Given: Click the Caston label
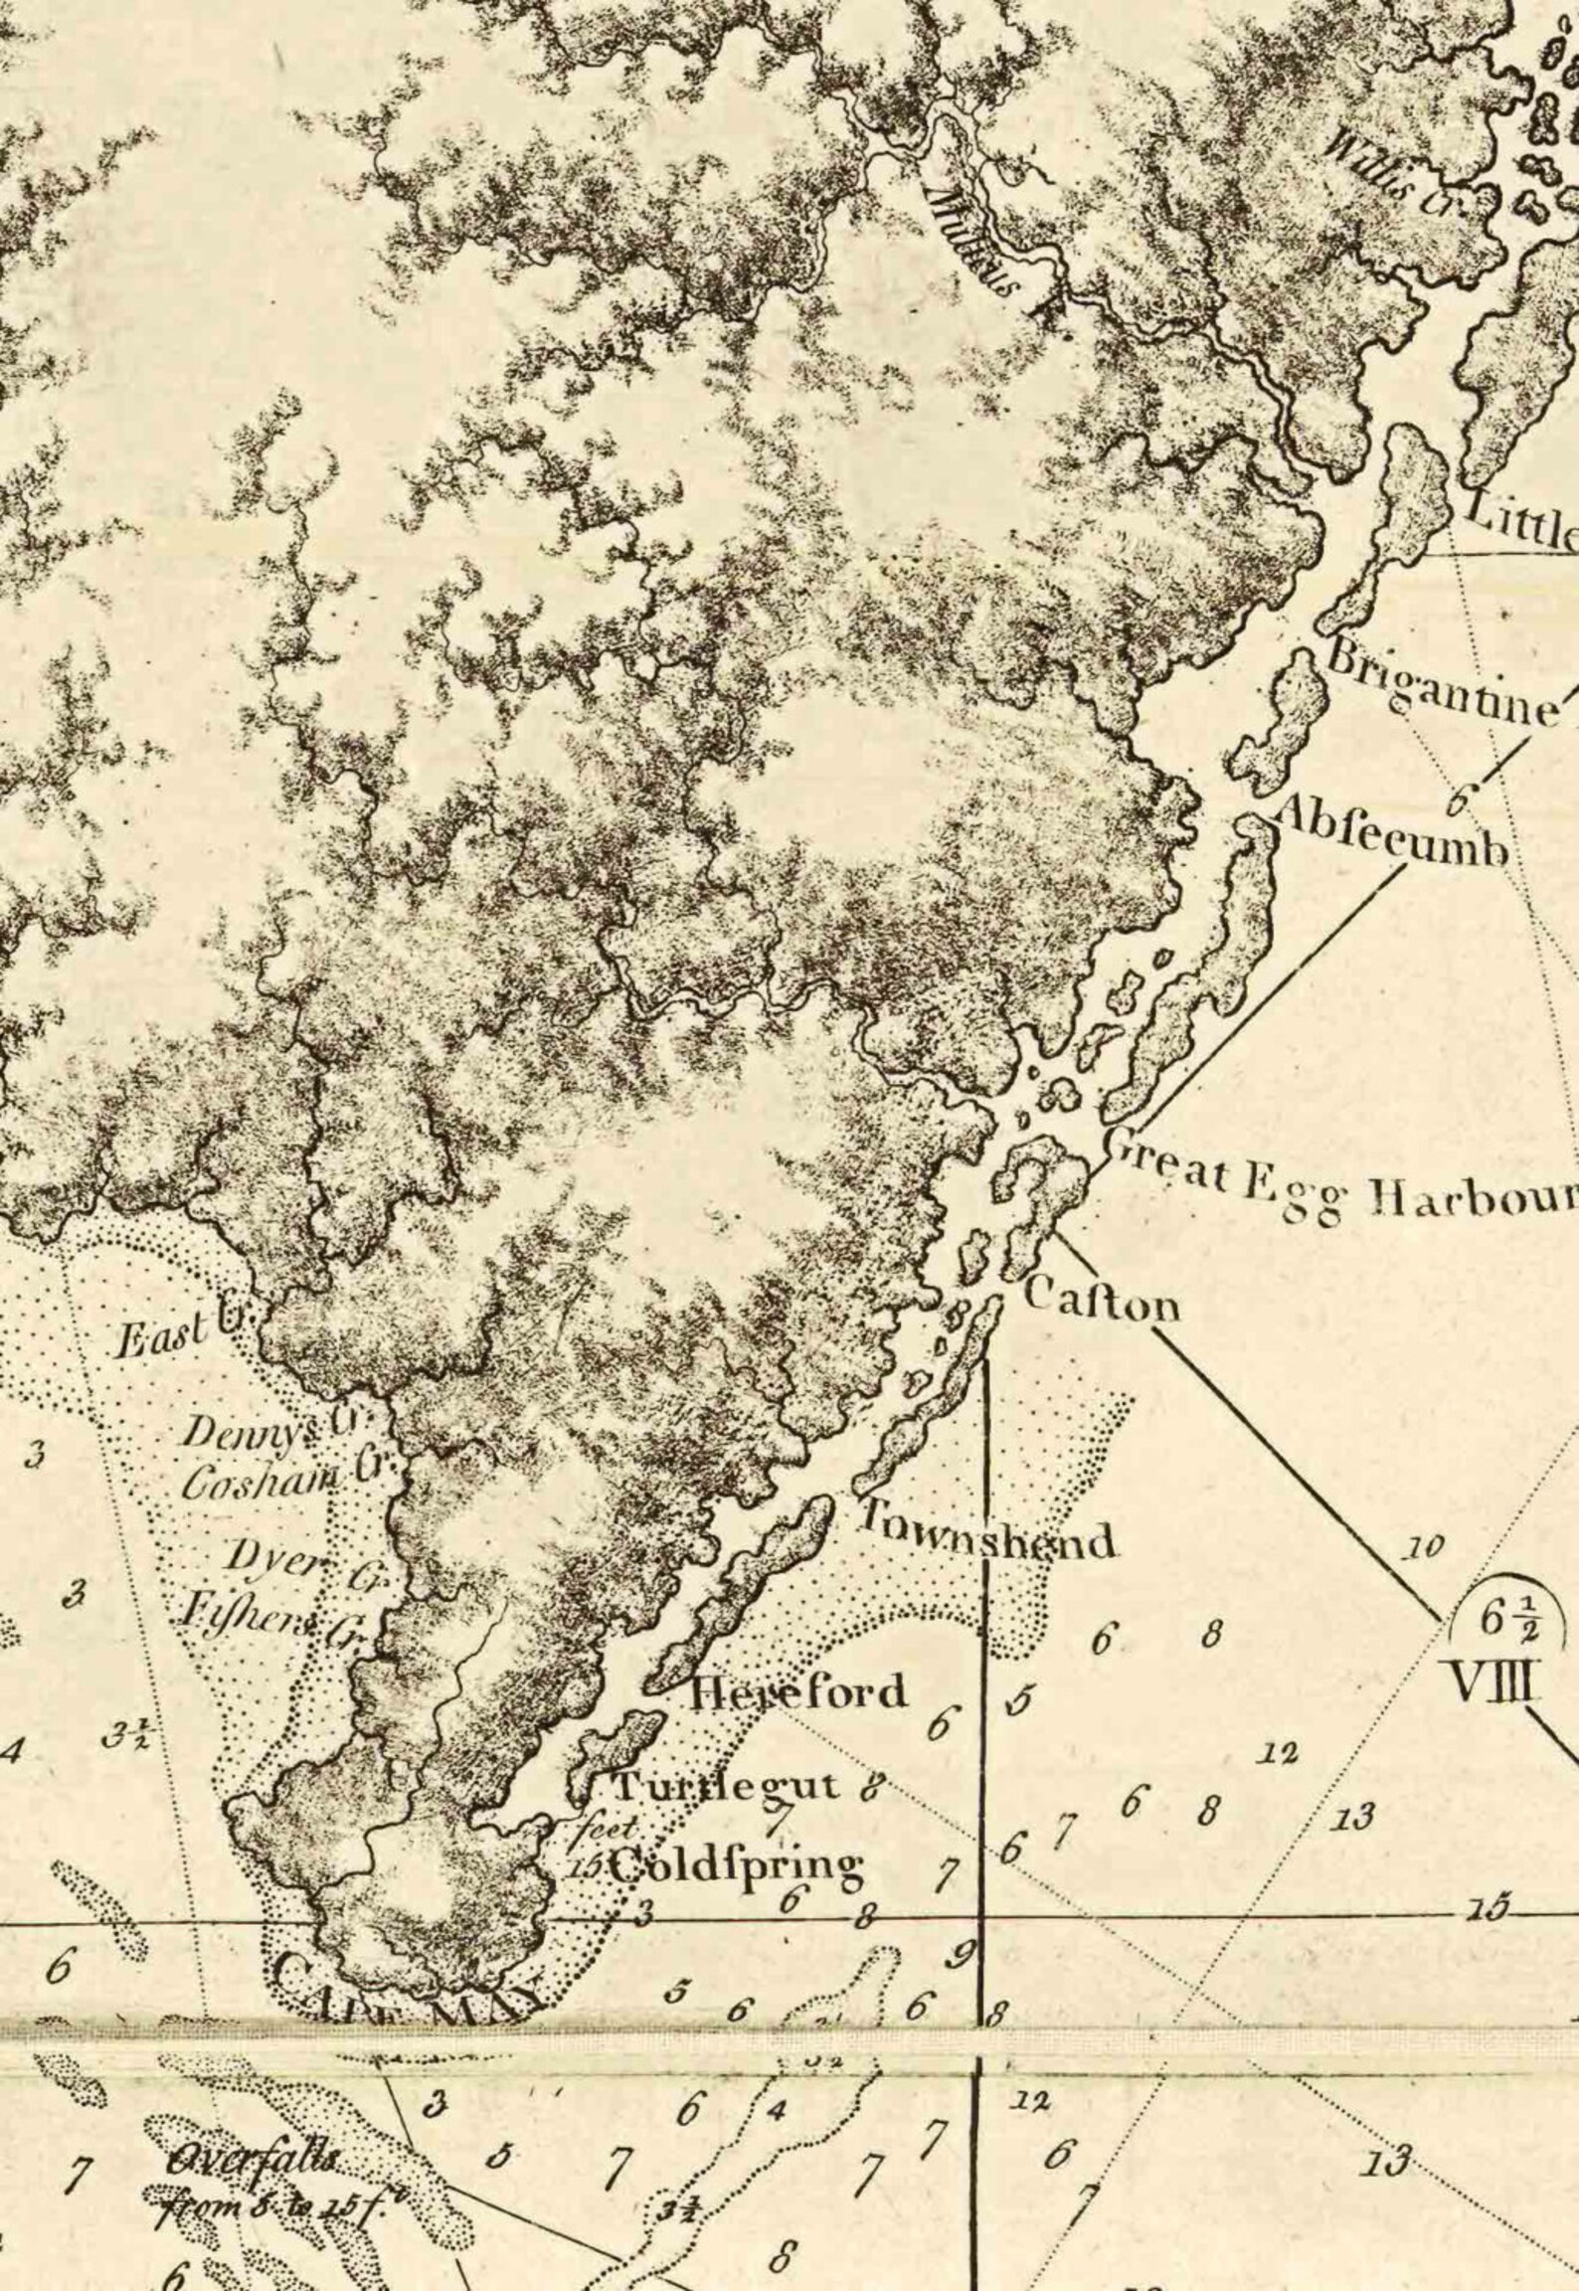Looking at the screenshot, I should point(1101,1300).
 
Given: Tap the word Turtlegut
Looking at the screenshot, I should point(726,1786).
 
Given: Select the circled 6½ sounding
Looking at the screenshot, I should point(1505,1619).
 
